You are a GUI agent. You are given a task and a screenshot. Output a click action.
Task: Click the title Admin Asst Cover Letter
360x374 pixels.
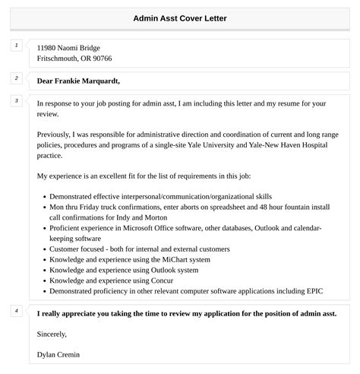point(179,17)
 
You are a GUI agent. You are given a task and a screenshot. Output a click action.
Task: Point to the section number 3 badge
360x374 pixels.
point(16,101)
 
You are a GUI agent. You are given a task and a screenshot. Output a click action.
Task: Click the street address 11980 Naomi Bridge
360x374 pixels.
point(68,47)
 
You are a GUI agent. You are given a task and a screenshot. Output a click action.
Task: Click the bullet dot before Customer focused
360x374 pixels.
point(41,248)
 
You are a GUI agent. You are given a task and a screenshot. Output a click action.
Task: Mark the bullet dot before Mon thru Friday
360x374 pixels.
point(41,205)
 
